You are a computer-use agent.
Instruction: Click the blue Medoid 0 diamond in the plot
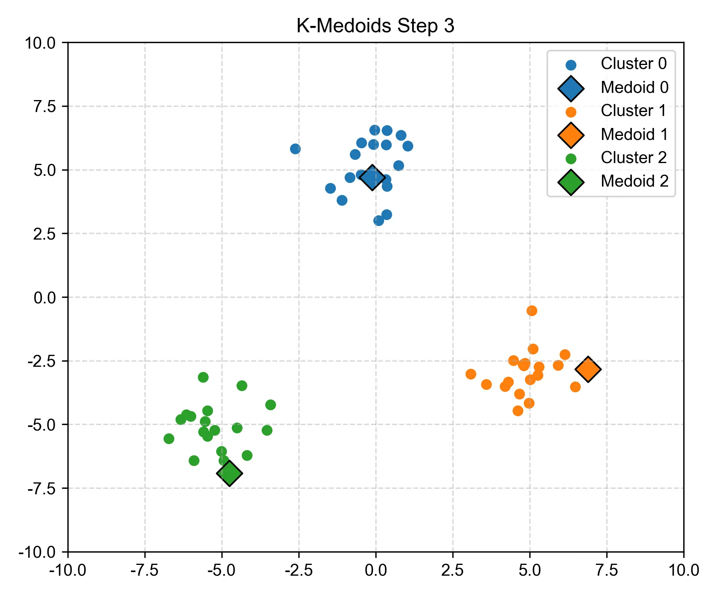point(372,178)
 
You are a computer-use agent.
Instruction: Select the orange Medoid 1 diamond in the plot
point(588,370)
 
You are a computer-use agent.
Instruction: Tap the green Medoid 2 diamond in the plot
point(229,473)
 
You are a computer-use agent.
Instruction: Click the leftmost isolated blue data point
point(295,149)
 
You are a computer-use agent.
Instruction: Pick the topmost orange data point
point(532,311)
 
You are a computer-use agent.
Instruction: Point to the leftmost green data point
point(169,439)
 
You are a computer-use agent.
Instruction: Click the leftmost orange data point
point(471,374)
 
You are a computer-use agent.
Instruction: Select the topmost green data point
point(203,377)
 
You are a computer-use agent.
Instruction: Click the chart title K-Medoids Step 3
point(375,26)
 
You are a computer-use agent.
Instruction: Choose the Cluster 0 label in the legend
point(633,64)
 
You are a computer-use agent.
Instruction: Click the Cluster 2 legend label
point(633,158)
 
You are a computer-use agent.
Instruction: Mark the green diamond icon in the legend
point(571,182)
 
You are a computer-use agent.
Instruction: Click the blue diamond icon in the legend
point(571,89)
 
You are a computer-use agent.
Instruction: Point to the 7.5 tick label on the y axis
point(45,107)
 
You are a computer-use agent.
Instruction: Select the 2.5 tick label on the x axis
point(452,570)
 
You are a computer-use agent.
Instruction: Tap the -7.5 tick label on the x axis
point(144,570)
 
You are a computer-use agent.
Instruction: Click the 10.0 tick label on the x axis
point(684,570)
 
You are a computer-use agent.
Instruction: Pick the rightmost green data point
point(271,405)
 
